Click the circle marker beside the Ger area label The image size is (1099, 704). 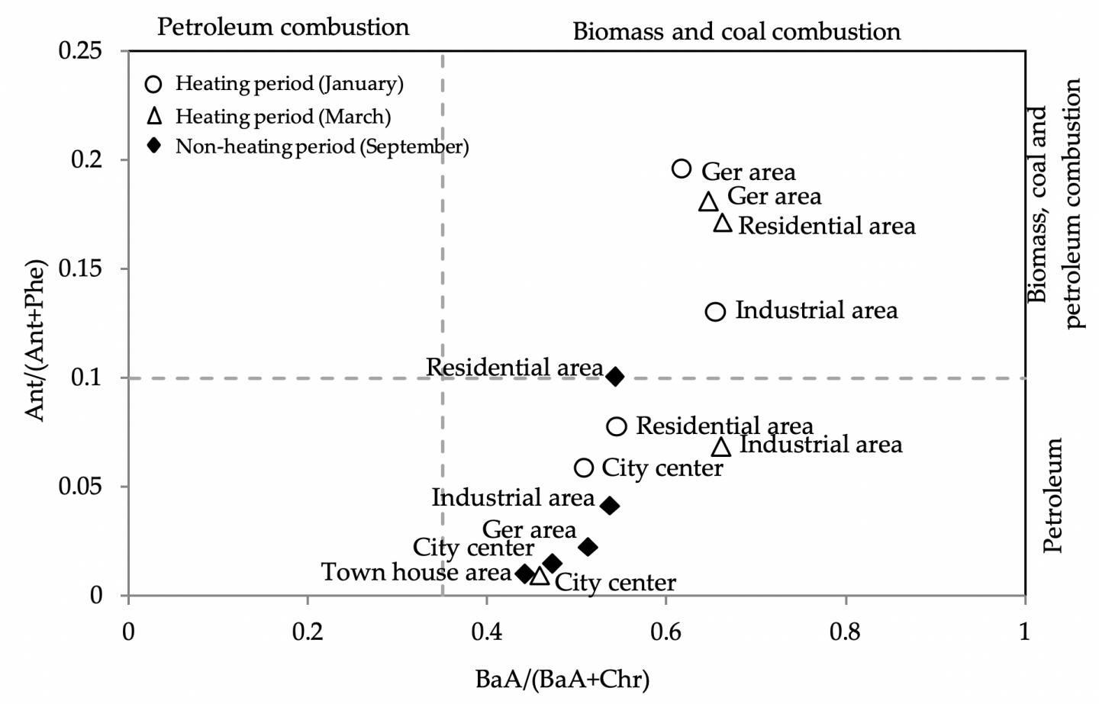point(682,169)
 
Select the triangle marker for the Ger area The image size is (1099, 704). point(708,202)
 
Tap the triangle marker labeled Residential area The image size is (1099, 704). point(722,223)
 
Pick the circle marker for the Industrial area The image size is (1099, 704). point(715,311)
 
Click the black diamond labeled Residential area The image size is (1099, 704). point(615,376)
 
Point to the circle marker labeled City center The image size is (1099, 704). point(584,468)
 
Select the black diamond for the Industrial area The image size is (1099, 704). point(609,506)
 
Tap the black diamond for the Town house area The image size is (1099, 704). point(524,573)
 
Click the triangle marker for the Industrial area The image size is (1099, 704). point(721,447)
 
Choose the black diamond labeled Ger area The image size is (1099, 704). point(588,547)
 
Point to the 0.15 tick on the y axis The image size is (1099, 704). point(91,268)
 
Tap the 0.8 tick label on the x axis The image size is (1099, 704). point(845,632)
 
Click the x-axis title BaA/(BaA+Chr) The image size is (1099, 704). point(562,679)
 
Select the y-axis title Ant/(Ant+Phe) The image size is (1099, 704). point(35,340)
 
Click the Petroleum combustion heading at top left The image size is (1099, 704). point(283,27)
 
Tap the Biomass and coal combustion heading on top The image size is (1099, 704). point(736,31)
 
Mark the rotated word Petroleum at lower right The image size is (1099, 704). point(1052,495)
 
